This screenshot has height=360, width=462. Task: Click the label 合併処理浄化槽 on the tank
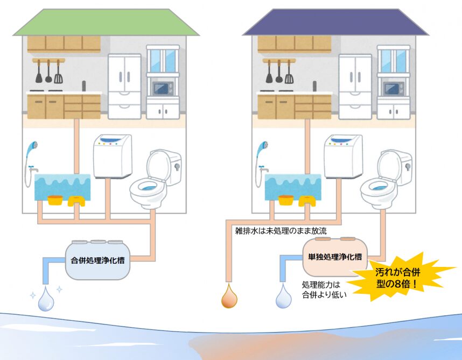[97, 260]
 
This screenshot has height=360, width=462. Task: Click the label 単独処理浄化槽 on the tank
[335, 257]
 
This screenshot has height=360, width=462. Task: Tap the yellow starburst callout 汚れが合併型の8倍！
[398, 277]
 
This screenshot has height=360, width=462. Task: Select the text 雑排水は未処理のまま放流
[281, 231]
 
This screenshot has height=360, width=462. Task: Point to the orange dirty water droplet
[229, 296]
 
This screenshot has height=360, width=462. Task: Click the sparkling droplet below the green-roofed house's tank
[46, 299]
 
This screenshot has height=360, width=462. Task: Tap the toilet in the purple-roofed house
[386, 179]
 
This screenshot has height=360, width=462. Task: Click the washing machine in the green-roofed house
[113, 156]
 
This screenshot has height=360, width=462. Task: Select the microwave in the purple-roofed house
[394, 88]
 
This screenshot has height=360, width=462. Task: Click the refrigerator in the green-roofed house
[124, 87]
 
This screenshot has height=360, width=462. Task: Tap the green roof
[106, 23]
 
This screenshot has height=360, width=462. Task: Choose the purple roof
[335, 23]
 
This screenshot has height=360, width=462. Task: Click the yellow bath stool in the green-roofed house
[76, 201]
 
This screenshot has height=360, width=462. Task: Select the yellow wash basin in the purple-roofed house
[286, 200]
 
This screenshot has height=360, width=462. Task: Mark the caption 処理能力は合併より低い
[324, 290]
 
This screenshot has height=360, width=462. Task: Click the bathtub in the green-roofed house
[62, 187]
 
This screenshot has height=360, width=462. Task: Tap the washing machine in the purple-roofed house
[343, 156]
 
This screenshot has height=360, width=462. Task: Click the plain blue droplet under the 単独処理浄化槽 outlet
[283, 296]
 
